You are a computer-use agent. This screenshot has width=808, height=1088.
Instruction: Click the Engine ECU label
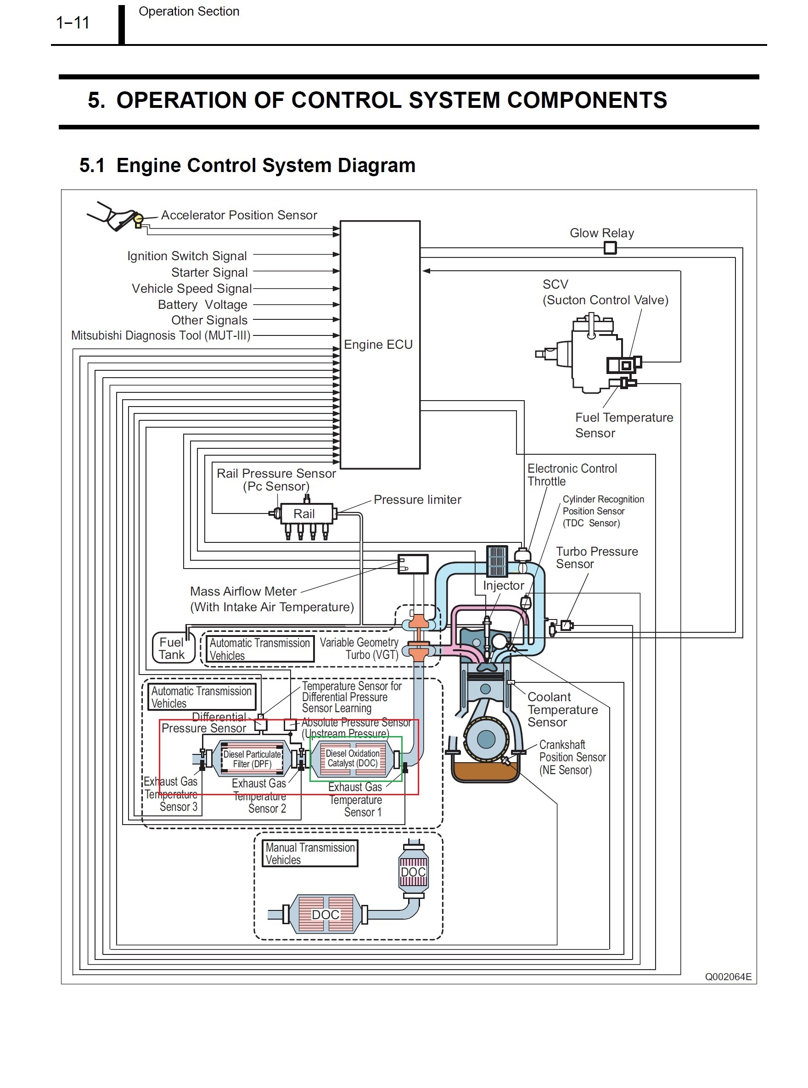[x=378, y=345]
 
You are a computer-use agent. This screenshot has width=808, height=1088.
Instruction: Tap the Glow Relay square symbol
[x=610, y=248]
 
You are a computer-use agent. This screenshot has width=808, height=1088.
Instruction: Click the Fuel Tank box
[x=173, y=648]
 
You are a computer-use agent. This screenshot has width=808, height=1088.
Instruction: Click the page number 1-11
[x=73, y=22]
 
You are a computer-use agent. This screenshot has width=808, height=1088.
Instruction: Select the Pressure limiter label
[x=417, y=500]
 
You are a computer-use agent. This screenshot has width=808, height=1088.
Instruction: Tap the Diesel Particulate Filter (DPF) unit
[x=252, y=759]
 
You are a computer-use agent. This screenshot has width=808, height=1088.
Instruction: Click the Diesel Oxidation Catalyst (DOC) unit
[x=353, y=758]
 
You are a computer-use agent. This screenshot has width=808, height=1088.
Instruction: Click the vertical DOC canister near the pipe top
[x=413, y=872]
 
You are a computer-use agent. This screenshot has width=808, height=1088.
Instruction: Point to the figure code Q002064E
[x=728, y=976]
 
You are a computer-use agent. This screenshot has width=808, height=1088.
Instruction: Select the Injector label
[x=503, y=586]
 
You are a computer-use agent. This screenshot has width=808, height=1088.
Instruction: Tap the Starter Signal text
[x=209, y=272]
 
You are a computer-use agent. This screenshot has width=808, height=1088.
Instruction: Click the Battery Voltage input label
[x=202, y=305]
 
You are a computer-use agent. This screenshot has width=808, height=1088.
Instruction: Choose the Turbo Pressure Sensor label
[x=596, y=558]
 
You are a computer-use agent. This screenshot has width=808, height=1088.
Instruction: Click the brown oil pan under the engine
[x=484, y=771]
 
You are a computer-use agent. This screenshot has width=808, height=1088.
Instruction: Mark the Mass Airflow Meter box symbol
[x=413, y=564]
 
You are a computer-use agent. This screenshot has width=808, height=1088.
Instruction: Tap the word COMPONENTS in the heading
[x=587, y=100]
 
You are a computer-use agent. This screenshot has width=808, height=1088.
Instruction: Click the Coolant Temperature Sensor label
[x=562, y=710]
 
